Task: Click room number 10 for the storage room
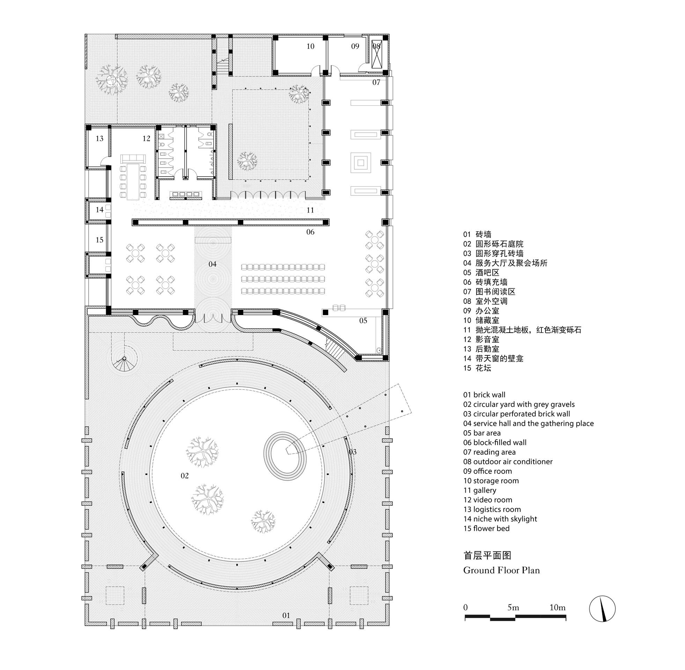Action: click(x=310, y=46)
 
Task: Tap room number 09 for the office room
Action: click(x=355, y=46)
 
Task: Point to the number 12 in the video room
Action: click(x=146, y=139)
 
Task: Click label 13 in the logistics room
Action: click(x=100, y=139)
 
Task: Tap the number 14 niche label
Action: click(x=100, y=210)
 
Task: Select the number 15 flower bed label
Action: click(x=100, y=240)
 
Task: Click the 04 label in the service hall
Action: click(x=212, y=264)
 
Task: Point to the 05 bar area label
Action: click(x=363, y=321)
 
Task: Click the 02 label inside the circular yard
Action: click(x=184, y=476)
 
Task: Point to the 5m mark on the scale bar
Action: click(x=513, y=608)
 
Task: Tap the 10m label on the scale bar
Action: click(x=557, y=608)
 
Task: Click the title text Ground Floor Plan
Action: click(x=501, y=571)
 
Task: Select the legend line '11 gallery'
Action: click(x=479, y=490)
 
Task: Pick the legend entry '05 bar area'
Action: click(x=481, y=433)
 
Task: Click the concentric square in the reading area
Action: click(x=360, y=163)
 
